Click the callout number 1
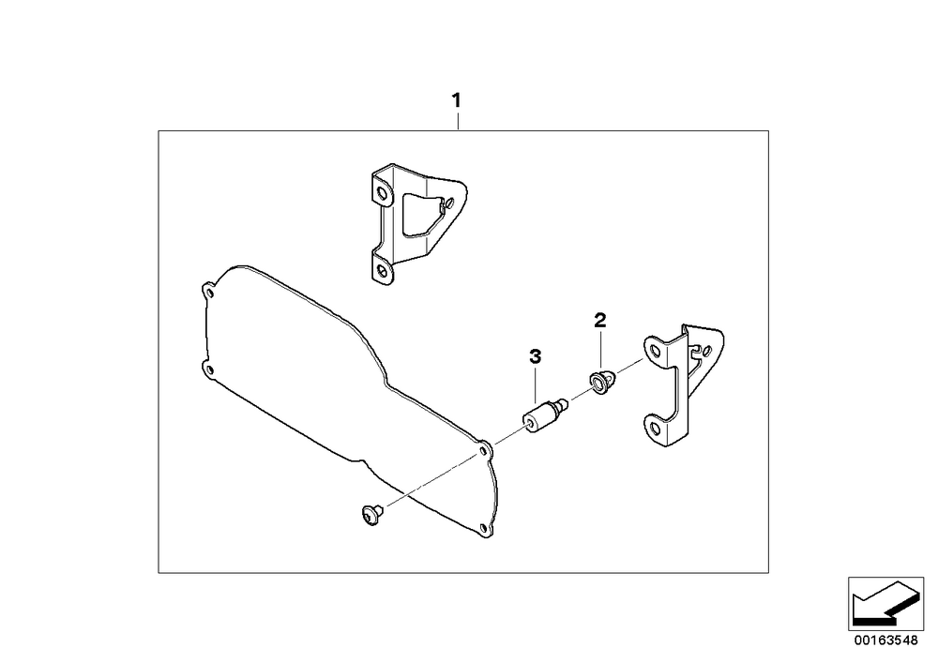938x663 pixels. coord(457,100)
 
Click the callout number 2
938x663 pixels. coord(600,320)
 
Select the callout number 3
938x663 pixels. coord(535,357)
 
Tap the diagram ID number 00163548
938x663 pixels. coord(885,640)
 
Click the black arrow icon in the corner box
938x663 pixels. coord(885,604)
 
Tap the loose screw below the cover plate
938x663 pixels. coord(371,514)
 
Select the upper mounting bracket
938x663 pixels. coord(417,222)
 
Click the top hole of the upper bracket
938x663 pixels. coord(381,192)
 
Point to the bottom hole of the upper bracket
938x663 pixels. coord(383,271)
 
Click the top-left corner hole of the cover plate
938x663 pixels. coord(209,293)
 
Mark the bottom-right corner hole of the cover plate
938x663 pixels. coord(483,528)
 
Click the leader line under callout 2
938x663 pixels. coord(600,351)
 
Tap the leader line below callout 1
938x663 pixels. coord(458,121)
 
